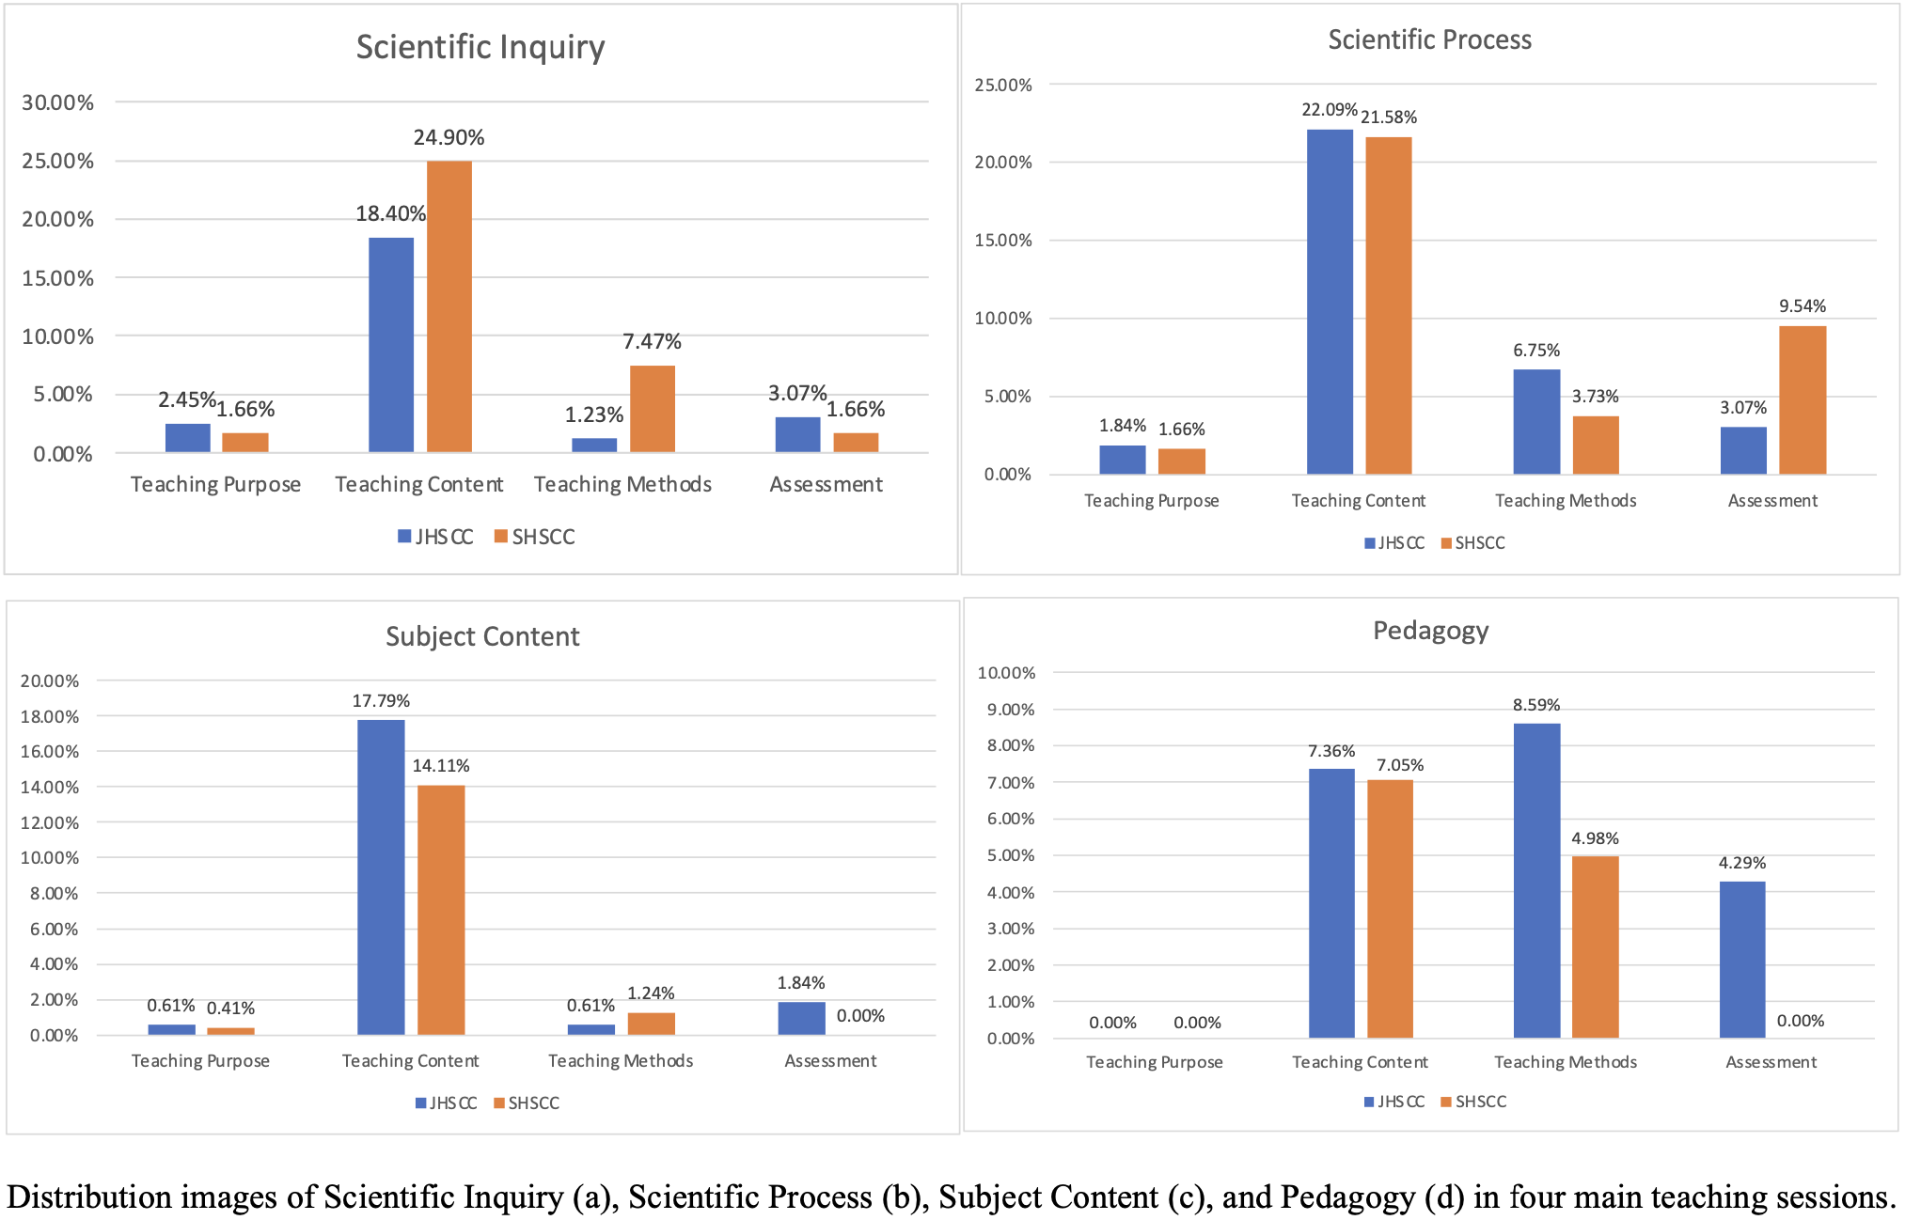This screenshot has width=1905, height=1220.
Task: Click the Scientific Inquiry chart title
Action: [480, 47]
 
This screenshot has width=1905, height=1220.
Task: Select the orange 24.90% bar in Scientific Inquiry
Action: [449, 306]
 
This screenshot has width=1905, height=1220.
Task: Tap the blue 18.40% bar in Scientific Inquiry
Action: [391, 345]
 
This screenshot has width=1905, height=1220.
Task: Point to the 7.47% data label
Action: [652, 341]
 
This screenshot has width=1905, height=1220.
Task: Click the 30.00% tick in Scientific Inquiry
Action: [58, 102]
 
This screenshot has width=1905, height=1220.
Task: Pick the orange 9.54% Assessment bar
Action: [1803, 400]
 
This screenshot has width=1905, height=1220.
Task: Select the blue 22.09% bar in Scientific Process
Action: [1330, 302]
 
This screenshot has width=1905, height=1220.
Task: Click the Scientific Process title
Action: [1429, 39]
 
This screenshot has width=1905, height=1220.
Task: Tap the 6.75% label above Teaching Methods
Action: [1536, 351]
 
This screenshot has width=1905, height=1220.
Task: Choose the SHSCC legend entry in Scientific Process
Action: [1473, 543]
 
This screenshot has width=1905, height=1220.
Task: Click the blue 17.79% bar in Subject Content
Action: [381, 877]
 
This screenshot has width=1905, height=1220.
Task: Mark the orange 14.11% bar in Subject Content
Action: [441, 910]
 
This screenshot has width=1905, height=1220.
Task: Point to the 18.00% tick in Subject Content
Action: [50, 716]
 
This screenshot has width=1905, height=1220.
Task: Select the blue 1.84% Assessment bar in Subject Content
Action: [801, 1019]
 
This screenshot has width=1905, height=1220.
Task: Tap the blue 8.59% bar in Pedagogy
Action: [1536, 881]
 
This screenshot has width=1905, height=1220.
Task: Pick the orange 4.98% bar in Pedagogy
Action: [1595, 946]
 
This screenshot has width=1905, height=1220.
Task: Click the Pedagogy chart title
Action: [1430, 631]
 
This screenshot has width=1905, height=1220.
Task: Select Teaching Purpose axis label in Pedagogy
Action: [1155, 1062]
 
